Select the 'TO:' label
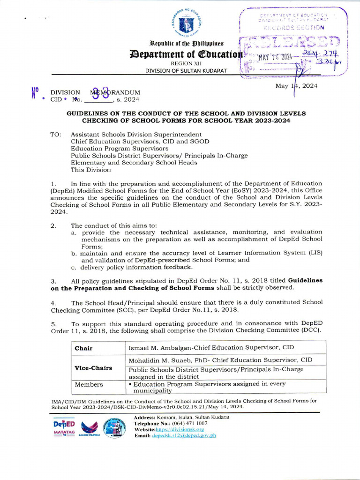(56, 135)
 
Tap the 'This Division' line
(91, 170)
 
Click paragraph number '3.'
(53, 280)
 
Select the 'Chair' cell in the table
(84, 348)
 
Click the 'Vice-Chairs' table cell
(93, 367)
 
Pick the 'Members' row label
(89, 384)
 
